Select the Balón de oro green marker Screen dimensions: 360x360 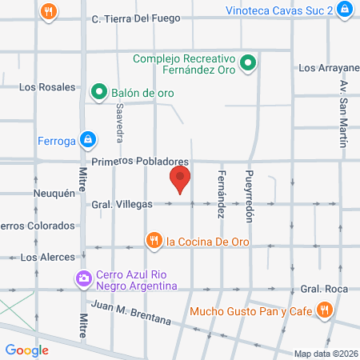click(99, 92)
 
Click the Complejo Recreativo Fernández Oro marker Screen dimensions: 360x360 click(248, 62)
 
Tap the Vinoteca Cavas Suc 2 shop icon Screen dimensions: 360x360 click(344, 9)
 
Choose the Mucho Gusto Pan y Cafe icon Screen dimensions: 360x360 click(324, 310)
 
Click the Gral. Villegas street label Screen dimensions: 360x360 click(122, 204)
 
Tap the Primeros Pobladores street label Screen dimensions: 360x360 click(140, 161)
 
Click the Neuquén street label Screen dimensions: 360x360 click(54, 194)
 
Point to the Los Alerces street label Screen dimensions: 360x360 click(47, 257)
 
